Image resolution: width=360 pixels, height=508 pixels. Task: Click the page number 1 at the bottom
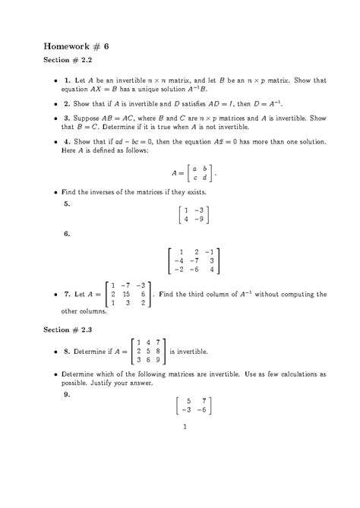click(185, 427)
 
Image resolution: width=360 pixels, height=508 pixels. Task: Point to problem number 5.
click(68, 204)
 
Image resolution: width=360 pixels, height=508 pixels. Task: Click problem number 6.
click(68, 233)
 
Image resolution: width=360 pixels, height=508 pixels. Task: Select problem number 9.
click(68, 394)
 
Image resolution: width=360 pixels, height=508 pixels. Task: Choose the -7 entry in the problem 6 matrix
click(196, 260)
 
